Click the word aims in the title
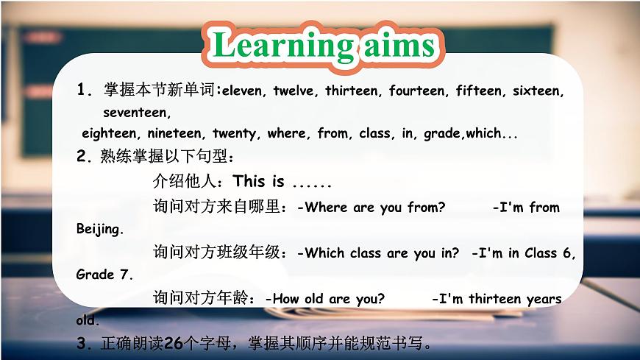[398, 46]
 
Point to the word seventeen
[137, 113]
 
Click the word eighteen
[110, 133]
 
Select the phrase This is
[258, 182]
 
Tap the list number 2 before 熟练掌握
[82, 156]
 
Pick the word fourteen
[417, 91]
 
